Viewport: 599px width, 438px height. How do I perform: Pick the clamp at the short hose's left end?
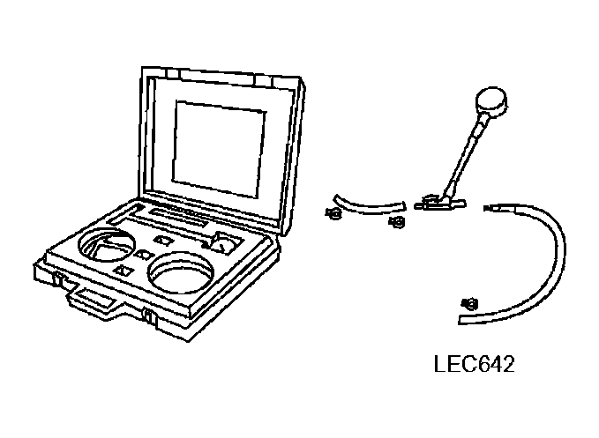[x=333, y=212]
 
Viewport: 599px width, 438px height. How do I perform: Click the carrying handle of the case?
[x=92, y=297]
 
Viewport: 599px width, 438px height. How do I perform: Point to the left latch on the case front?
[x=58, y=280]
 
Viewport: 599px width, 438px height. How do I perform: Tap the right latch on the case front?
[x=147, y=317]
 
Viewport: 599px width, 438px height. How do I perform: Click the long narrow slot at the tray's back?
[x=177, y=215]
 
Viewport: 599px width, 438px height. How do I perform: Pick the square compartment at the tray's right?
[x=225, y=241]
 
